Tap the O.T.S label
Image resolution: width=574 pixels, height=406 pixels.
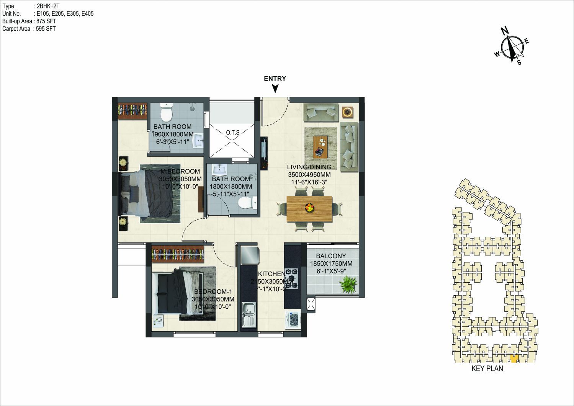[233, 133]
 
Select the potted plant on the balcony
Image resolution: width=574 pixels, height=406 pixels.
[348, 284]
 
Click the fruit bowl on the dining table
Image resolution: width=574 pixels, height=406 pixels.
[309, 207]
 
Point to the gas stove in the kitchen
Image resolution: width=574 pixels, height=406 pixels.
[292, 278]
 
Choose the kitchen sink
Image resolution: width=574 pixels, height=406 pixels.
[249, 315]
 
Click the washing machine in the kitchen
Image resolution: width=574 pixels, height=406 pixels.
[293, 319]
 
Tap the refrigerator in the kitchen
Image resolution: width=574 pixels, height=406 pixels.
[250, 255]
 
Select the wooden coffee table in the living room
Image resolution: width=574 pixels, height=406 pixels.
[320, 147]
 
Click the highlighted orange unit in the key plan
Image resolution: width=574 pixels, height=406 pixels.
[514, 358]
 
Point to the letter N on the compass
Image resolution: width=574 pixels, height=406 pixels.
[505, 31]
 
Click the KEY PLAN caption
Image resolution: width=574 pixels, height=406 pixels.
[487, 368]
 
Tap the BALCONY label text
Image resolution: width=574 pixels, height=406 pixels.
[331, 256]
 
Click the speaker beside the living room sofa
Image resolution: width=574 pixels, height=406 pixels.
[347, 112]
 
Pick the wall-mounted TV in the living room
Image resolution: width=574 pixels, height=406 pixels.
[264, 153]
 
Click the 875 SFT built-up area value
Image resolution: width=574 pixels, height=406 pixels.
[46, 21]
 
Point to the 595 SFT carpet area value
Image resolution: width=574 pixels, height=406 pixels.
[46, 29]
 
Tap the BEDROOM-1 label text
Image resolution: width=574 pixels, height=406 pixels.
[213, 291]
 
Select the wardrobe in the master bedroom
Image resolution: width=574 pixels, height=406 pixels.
[132, 111]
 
